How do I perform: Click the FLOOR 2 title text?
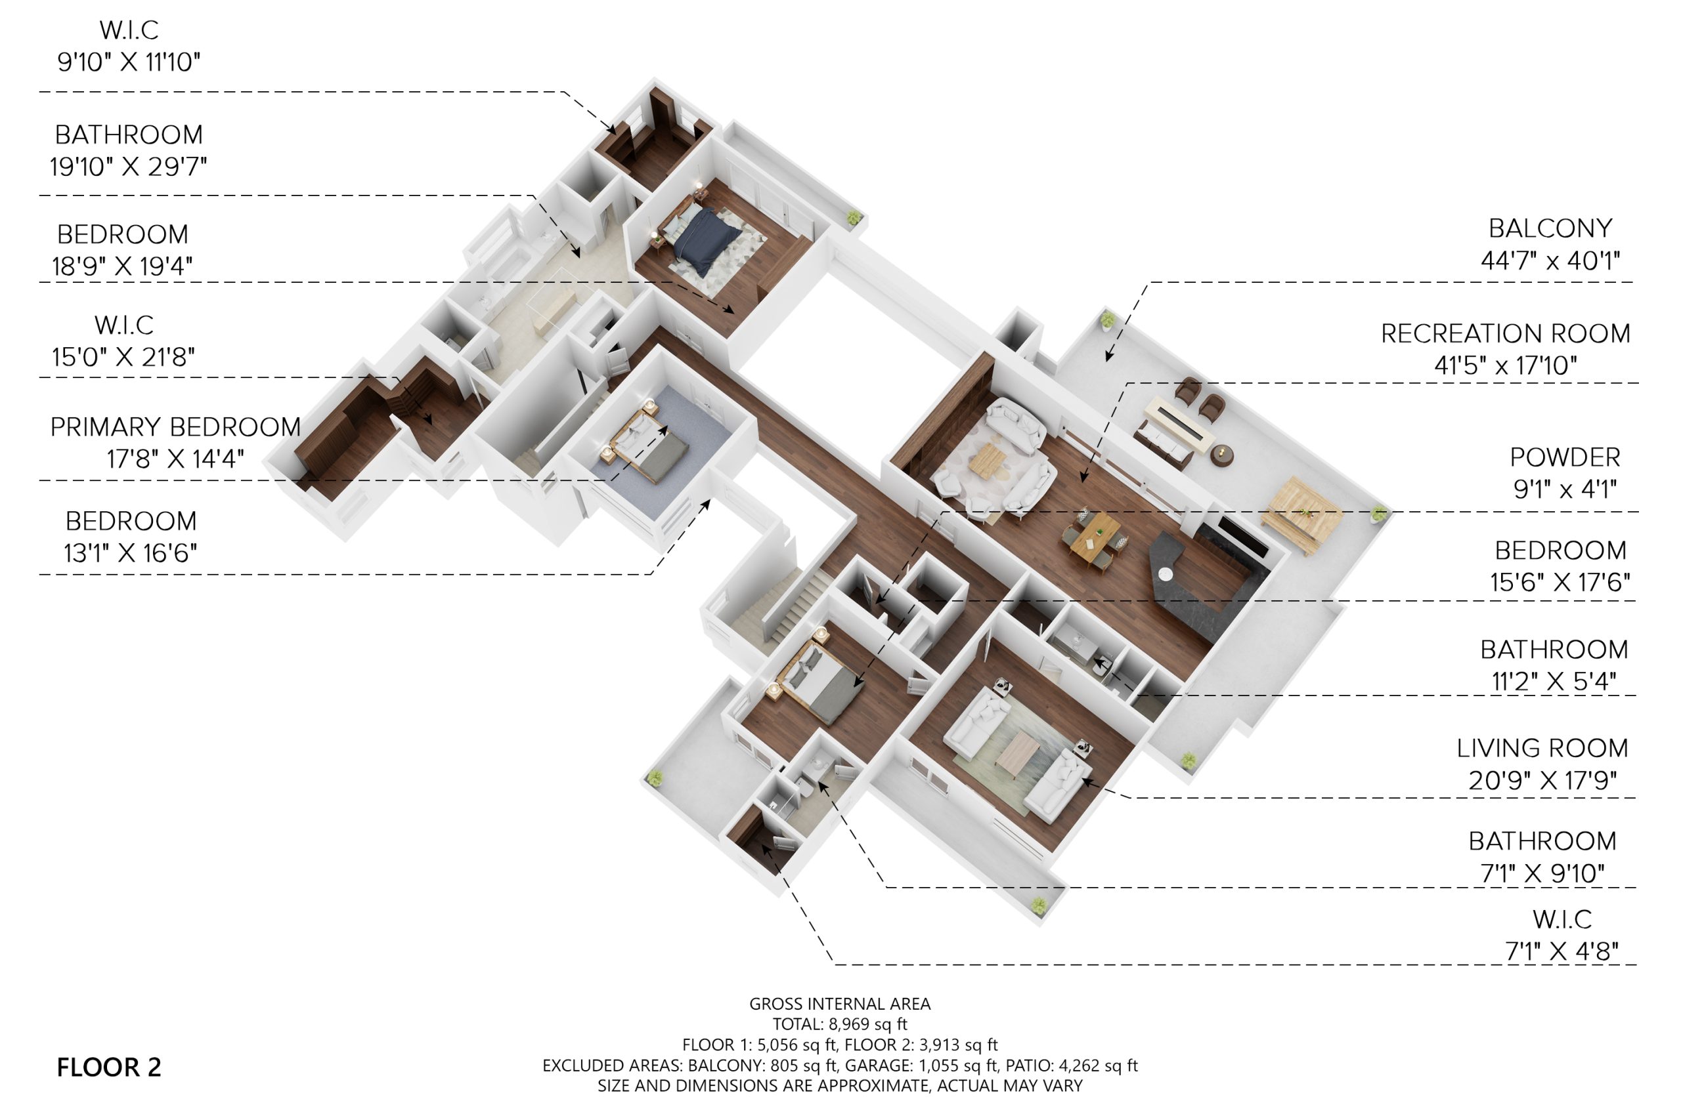point(108,1067)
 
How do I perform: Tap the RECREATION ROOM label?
point(1505,333)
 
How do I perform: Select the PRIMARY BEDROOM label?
point(175,426)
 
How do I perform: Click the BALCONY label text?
point(1550,228)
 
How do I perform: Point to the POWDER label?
point(1565,457)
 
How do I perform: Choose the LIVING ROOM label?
point(1542,748)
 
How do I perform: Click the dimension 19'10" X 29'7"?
point(129,167)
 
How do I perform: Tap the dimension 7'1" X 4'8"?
point(1561,951)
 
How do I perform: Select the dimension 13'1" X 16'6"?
point(131,553)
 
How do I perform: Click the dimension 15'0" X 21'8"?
point(123,356)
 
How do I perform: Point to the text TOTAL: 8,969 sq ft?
point(840,1024)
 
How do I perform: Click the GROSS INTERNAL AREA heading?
point(840,1004)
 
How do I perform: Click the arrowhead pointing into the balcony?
point(1108,355)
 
